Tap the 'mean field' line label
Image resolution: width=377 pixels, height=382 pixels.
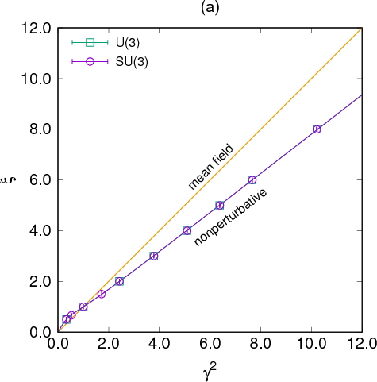210,166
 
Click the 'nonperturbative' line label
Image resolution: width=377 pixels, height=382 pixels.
231,217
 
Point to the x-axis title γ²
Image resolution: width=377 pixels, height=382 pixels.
210,368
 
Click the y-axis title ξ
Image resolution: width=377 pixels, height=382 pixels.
14,179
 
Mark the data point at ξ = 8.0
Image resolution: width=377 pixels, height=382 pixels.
317,129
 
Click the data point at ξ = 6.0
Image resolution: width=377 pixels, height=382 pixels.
252,180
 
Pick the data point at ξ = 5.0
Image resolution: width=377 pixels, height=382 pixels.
220,205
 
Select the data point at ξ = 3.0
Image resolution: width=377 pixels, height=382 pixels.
154,256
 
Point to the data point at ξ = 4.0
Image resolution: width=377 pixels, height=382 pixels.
187,230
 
